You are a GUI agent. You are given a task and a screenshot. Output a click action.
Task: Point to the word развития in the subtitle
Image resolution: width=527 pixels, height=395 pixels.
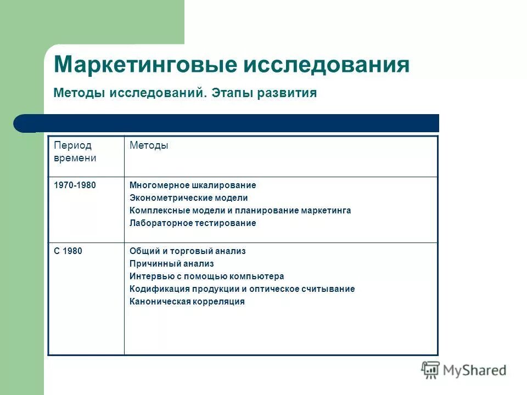coord(289,93)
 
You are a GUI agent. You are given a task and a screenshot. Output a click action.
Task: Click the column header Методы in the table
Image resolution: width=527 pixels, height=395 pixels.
coord(149,145)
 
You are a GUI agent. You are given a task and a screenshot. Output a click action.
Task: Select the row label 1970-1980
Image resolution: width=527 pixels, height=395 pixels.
coord(75,185)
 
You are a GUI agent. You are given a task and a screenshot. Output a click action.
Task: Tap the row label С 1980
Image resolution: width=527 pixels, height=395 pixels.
coord(68,251)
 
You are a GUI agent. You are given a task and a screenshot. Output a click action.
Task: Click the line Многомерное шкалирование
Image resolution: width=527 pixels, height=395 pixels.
coord(193,185)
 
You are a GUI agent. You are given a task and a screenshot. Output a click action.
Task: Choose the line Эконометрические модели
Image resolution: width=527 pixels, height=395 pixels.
coord(189,198)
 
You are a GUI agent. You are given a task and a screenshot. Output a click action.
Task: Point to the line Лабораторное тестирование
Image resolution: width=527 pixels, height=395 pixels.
coord(193,223)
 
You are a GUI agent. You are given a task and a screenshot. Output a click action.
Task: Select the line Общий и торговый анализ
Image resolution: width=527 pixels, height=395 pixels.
coord(188,251)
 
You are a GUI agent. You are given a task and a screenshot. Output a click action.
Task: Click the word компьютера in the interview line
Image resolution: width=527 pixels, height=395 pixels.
coord(259,276)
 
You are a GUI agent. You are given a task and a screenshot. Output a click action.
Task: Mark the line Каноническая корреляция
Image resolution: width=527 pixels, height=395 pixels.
coord(187,302)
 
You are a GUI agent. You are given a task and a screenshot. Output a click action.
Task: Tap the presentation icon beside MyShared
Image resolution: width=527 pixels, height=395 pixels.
coord(430,370)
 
